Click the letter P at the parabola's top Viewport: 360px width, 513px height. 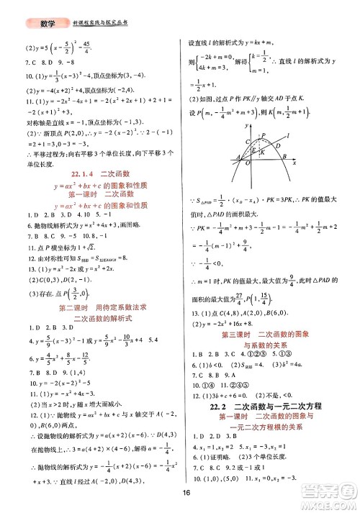(x=264, y=135)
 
